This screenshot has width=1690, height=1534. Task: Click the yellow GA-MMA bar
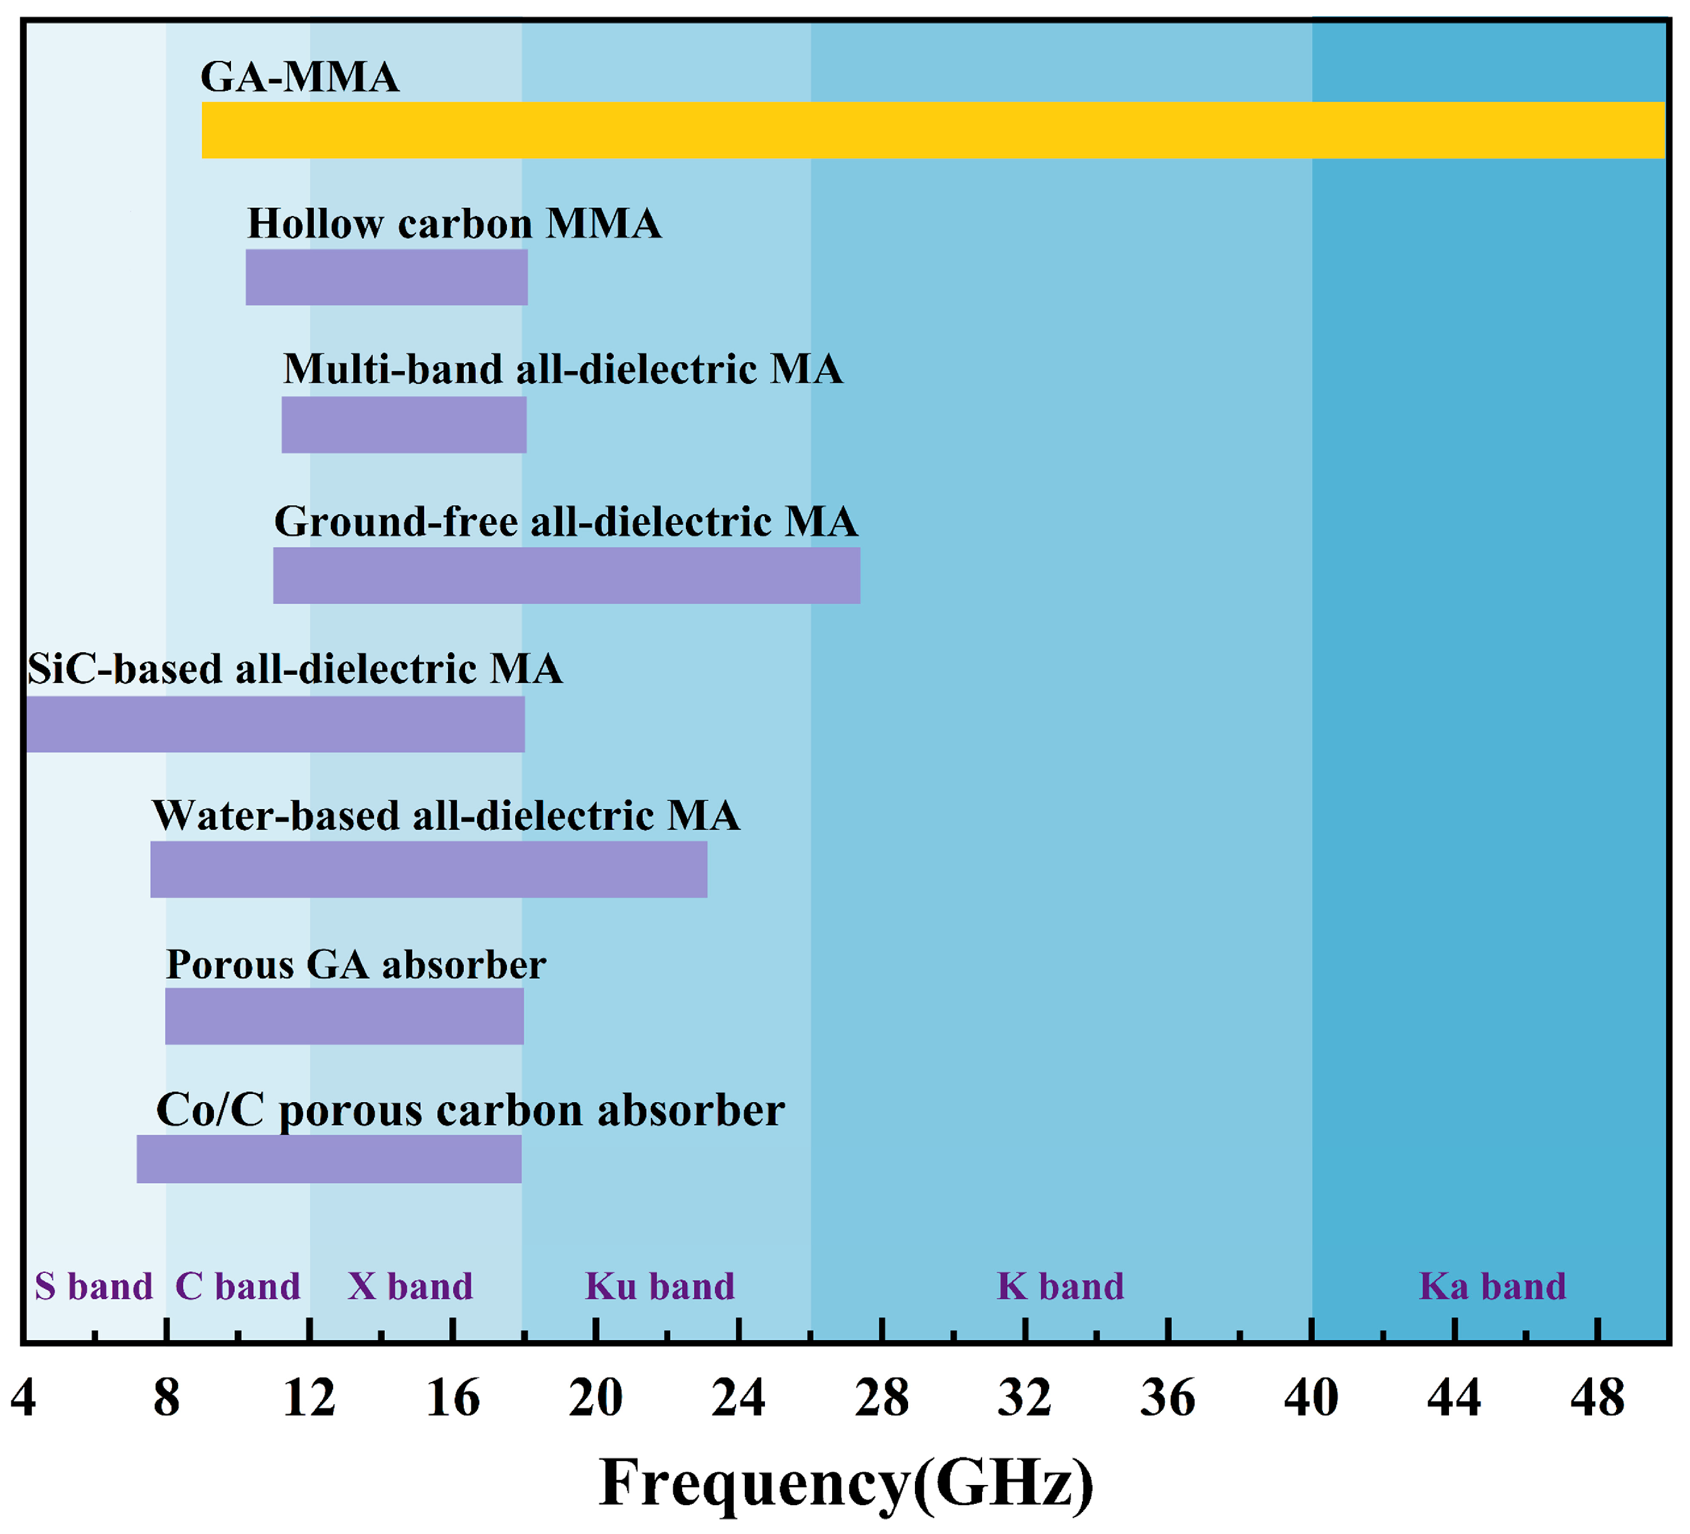(x=932, y=130)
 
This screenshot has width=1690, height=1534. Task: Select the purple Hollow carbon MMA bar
(x=387, y=277)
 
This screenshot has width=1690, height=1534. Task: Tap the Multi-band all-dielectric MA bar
(x=404, y=425)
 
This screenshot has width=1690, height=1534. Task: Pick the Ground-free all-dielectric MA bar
(x=567, y=576)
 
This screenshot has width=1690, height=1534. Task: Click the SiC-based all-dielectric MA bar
(x=275, y=724)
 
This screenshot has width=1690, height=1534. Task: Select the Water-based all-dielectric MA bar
(x=429, y=870)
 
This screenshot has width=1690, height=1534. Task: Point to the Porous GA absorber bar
(x=345, y=1016)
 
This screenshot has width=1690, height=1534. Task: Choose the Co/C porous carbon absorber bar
(x=329, y=1159)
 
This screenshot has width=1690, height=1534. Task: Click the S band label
(x=93, y=1287)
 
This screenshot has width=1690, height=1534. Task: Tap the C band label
(x=237, y=1287)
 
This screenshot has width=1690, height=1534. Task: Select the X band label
(x=410, y=1287)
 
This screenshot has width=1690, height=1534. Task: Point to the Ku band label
(x=660, y=1287)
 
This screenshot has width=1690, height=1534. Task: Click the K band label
(x=1061, y=1287)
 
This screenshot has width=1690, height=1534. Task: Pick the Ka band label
(x=1492, y=1287)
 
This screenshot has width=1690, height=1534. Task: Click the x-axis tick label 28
(x=882, y=1398)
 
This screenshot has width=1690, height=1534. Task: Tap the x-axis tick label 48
(x=1598, y=1398)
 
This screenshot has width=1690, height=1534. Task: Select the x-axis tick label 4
(x=23, y=1398)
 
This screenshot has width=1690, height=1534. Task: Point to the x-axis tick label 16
(x=452, y=1398)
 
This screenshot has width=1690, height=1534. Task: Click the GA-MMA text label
(x=299, y=77)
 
